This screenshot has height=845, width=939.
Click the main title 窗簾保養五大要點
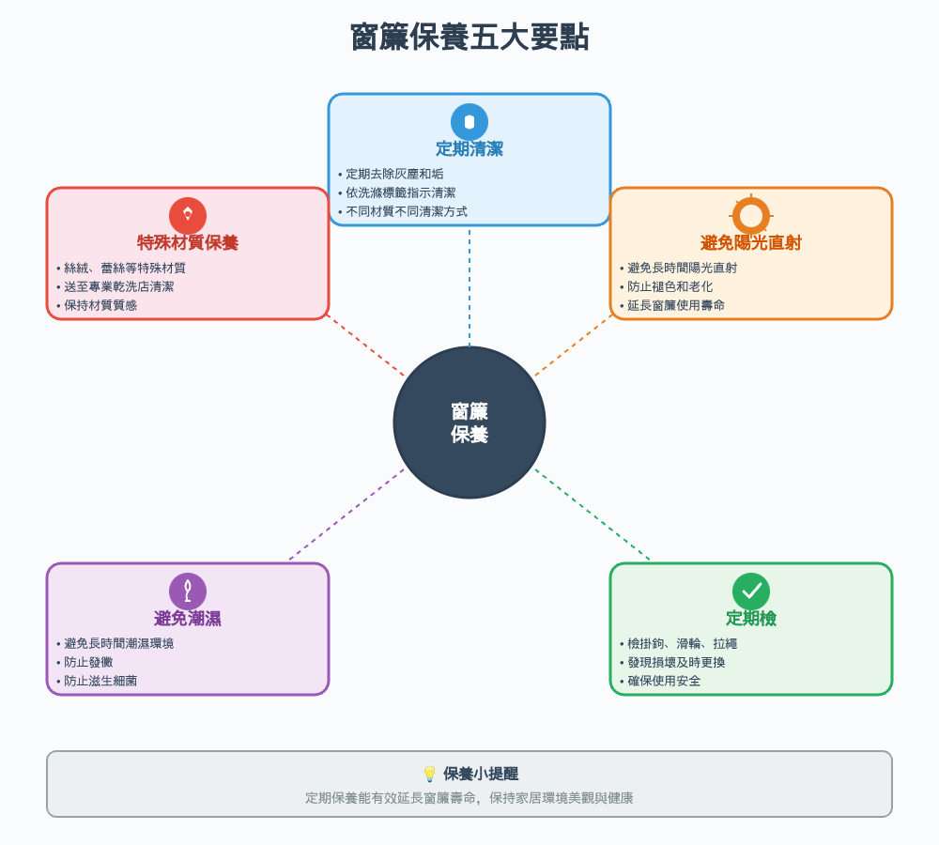click(x=469, y=38)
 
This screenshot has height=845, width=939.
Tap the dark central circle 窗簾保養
click(x=469, y=422)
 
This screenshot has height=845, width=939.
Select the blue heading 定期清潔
click(x=469, y=148)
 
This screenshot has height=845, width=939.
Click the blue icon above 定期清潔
click(x=469, y=122)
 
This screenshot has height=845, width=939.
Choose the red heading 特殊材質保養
click(x=188, y=242)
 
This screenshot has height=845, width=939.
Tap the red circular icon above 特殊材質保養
click(x=188, y=215)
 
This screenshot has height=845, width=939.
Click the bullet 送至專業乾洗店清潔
click(x=118, y=286)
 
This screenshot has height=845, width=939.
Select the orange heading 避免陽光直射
click(x=751, y=243)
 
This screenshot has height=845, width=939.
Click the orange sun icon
click(x=751, y=216)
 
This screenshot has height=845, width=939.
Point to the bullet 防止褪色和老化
click(x=670, y=286)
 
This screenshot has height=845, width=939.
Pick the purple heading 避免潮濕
click(x=188, y=618)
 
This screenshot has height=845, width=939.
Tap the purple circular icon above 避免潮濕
click(x=188, y=591)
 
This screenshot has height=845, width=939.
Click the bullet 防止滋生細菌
click(x=100, y=681)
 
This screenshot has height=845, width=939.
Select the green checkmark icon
click(x=751, y=591)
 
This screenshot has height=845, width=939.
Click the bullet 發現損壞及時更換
click(x=676, y=662)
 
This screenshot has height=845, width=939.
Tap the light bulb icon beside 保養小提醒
click(x=430, y=774)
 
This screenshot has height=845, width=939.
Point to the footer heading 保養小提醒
click(x=481, y=774)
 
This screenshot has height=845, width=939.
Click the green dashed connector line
click(x=592, y=514)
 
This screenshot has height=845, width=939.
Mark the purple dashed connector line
click(x=347, y=514)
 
